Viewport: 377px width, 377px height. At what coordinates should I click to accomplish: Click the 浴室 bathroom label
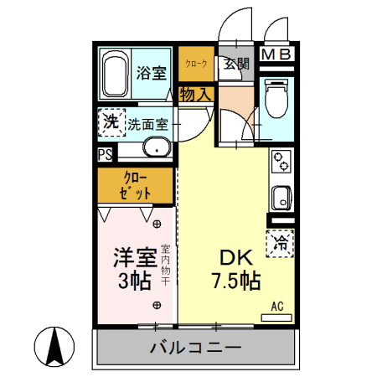(151, 73)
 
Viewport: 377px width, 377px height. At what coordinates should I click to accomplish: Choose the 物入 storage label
(196, 95)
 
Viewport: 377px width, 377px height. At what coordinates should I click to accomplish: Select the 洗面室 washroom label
(148, 125)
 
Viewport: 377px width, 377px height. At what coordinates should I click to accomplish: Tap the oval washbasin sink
(155, 149)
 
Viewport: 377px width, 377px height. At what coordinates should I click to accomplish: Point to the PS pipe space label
(106, 155)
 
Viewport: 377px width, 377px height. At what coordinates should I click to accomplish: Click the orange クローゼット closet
(137, 185)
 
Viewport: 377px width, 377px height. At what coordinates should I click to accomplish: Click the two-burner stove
(281, 160)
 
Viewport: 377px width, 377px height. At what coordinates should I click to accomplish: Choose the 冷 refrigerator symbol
(281, 243)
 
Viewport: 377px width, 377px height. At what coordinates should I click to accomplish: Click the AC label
(277, 307)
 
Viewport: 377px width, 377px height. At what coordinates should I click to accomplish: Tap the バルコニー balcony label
(196, 347)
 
